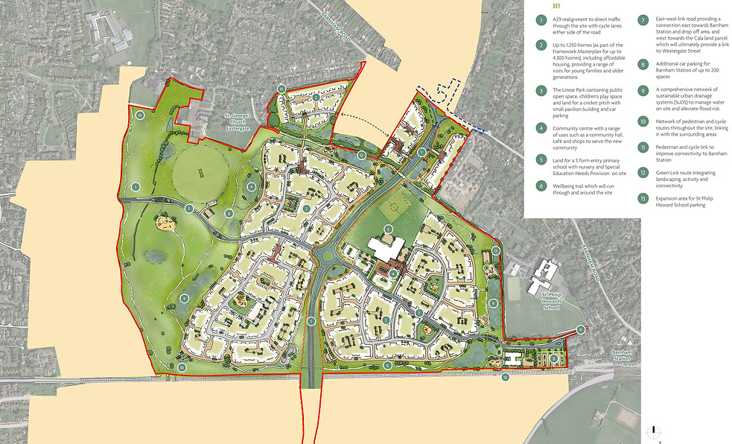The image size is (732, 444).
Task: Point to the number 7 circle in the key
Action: click(x=643, y=20)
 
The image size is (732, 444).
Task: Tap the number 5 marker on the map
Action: click(x=387, y=229)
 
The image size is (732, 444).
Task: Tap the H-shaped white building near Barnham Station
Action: click(x=513, y=358)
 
